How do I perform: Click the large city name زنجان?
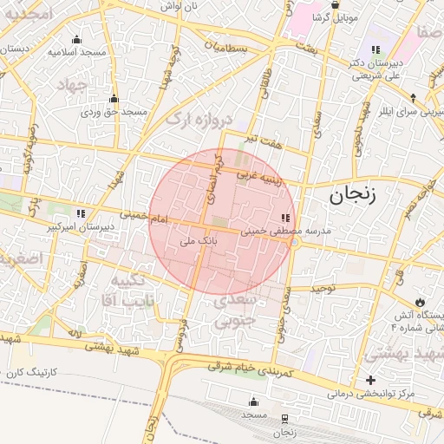pyautogui.click(x=351, y=196)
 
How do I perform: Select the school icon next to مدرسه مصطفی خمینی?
pyautogui.click(x=285, y=218)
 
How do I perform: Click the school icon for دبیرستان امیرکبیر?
pyautogui.click(x=81, y=213)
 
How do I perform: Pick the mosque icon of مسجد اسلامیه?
pyautogui.click(x=77, y=39)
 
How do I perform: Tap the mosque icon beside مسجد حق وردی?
pyautogui.click(x=114, y=99)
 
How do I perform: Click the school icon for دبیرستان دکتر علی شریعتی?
pyautogui.click(x=375, y=49)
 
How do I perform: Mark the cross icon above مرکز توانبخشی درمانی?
pyautogui.click(x=371, y=380)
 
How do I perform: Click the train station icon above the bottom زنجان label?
pyautogui.click(x=284, y=418)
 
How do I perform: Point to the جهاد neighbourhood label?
pyautogui.click(x=73, y=85)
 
